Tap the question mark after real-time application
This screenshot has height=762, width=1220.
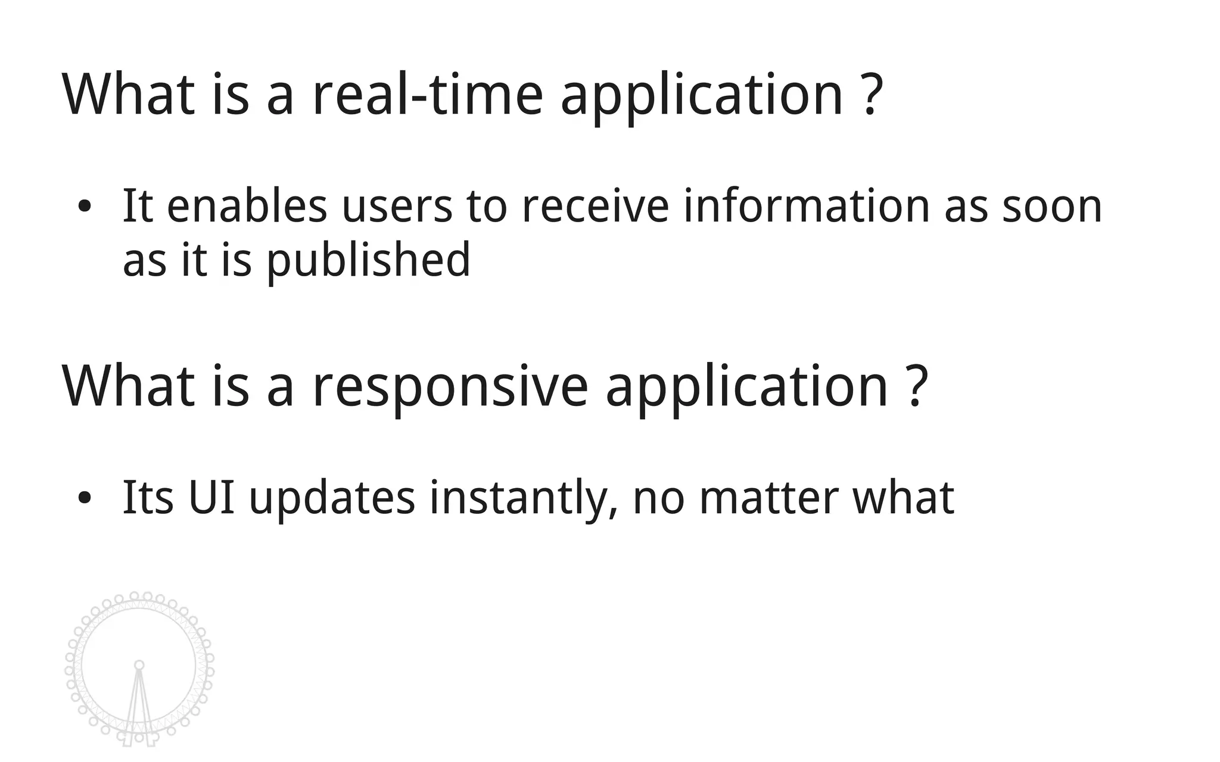coord(872,95)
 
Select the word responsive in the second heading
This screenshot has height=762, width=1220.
coord(450,387)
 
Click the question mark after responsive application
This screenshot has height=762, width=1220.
coord(917,387)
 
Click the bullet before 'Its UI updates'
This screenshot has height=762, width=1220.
coord(85,498)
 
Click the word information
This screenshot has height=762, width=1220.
coord(806,206)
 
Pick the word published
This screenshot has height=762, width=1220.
coord(368,260)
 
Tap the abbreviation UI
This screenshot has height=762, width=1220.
coord(211,498)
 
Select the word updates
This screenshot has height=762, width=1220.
coord(332,499)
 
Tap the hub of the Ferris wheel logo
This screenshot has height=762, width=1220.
coord(139,665)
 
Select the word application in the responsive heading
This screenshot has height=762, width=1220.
coord(747,387)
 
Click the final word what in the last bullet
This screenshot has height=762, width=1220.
coord(903,498)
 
